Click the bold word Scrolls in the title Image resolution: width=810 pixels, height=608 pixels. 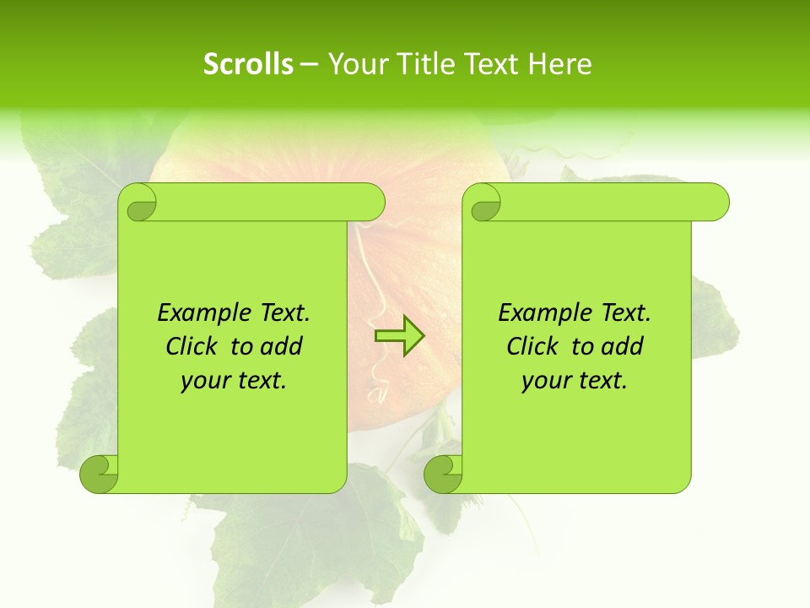(248, 64)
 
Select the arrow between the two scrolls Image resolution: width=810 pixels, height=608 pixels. (399, 336)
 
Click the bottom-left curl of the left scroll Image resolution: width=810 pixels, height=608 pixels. (99, 473)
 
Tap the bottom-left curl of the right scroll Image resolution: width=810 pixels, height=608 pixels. (443, 473)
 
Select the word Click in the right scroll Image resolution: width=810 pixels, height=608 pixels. (534, 346)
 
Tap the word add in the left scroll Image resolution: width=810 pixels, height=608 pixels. (282, 346)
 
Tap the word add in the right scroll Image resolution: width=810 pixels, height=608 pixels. (623, 346)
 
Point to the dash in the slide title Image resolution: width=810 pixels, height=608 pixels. (308, 65)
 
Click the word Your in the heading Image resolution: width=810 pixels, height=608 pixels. (354, 64)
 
